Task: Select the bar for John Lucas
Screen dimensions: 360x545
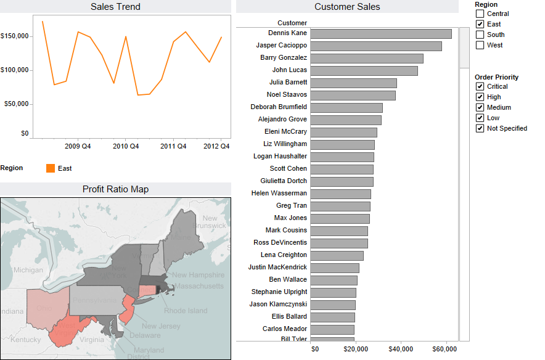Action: (x=364, y=70)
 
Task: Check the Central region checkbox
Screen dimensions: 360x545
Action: (x=480, y=14)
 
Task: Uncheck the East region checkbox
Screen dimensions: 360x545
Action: (x=480, y=24)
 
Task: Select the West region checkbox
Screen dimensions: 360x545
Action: (x=480, y=45)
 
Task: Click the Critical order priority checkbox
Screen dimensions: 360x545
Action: (x=480, y=87)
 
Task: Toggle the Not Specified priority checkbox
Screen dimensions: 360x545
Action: (x=480, y=128)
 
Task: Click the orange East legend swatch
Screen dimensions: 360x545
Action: (x=51, y=168)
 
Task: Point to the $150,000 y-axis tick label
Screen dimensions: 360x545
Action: (x=15, y=36)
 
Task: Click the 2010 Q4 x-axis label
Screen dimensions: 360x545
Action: (x=126, y=146)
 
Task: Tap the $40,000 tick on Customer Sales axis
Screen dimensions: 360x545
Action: (x=401, y=350)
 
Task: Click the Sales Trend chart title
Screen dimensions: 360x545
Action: (x=115, y=7)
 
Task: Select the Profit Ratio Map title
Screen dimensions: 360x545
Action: (x=115, y=189)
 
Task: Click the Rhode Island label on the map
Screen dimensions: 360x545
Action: (x=185, y=311)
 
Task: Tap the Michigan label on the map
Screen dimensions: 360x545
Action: (x=28, y=270)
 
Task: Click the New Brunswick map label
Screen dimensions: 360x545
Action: (x=211, y=222)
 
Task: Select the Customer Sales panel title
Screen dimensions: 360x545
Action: (x=347, y=7)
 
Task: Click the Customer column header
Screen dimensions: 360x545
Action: (x=292, y=23)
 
